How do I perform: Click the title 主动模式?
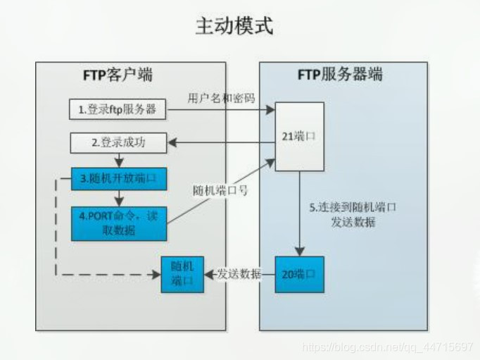(234, 27)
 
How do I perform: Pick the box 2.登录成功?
(118, 143)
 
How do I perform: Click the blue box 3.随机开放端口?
(119, 178)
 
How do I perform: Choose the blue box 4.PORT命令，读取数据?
(119, 223)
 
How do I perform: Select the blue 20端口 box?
(300, 273)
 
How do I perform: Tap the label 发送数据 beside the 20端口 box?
(239, 273)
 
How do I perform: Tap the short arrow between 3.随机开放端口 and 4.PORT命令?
(118, 197)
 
